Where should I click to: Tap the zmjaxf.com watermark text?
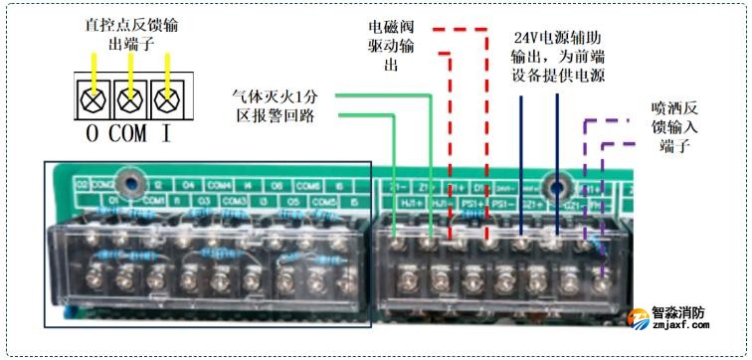pos(687,324)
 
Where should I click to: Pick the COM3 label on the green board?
pos(235,200)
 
